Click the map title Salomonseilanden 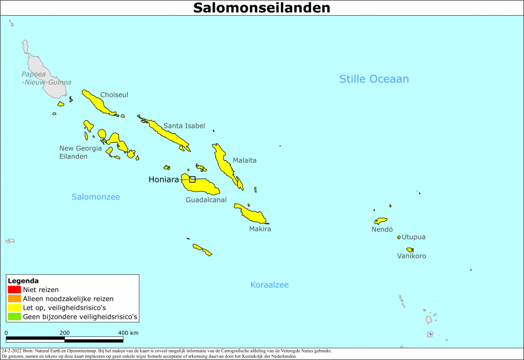click(262, 8)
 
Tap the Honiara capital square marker click(192, 179)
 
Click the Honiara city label click(164, 179)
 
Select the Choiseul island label click(114, 95)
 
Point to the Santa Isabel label click(184, 125)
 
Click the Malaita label click(244, 160)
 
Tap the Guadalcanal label click(206, 200)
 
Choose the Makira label click(260, 229)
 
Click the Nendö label click(382, 229)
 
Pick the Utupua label click(414, 237)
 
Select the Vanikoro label click(411, 256)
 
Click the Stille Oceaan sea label click(374, 79)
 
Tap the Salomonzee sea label click(96, 197)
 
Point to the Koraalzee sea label click(269, 285)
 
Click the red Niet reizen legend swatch click(14, 289)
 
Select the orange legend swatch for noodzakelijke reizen click(14, 298)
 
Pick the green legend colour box click(14, 317)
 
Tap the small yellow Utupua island click(399, 237)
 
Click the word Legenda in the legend click(23, 280)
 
